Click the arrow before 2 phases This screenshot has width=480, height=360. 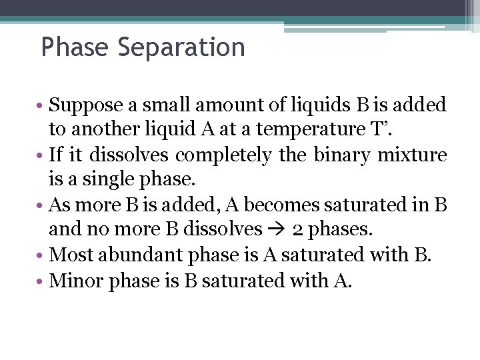pyautogui.click(x=279, y=230)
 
